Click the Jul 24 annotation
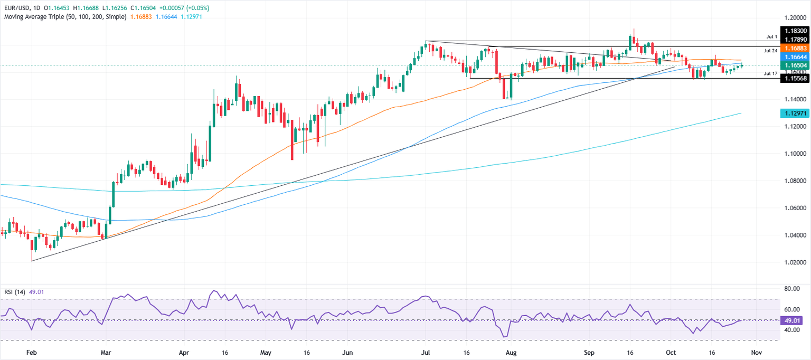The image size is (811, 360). point(771,50)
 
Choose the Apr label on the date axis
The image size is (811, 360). point(184,352)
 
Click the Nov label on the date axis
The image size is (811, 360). point(756,352)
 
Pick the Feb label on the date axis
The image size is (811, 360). point(32,352)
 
